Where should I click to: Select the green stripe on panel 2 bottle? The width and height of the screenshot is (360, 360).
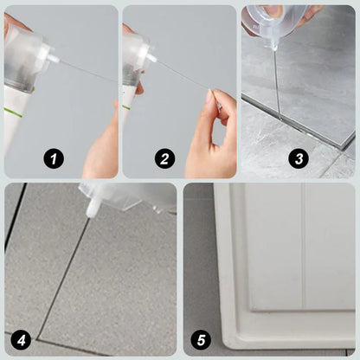point(126,107)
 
